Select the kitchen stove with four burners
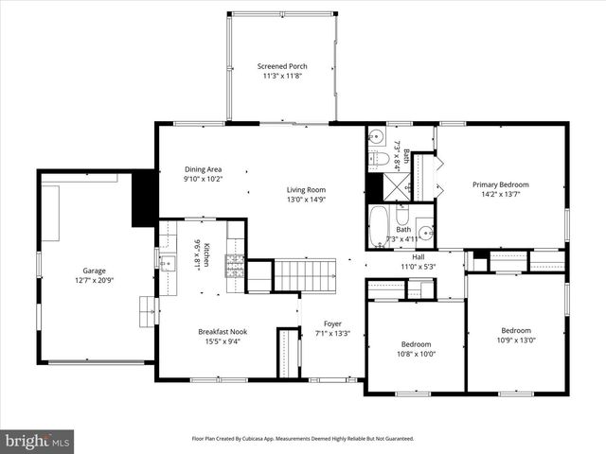(x=233, y=265)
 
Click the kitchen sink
(x=167, y=263)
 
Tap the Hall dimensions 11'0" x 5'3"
(x=418, y=267)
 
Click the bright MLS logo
(x=38, y=441)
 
